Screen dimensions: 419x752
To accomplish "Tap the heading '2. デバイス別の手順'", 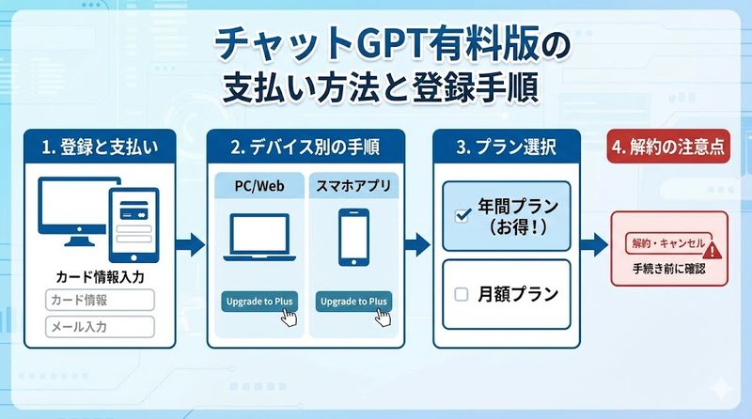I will [x=305, y=147].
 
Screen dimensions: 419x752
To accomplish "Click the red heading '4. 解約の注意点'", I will [x=668, y=147].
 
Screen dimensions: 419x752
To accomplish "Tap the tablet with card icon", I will [x=133, y=224].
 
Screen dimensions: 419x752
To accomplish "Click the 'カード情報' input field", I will [x=100, y=301].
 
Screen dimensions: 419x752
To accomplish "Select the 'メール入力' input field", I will [x=100, y=327].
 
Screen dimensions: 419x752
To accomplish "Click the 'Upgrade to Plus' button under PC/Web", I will [x=259, y=302].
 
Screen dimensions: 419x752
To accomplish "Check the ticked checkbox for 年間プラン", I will [x=462, y=215].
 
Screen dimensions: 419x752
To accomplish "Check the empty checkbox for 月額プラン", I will [x=462, y=294].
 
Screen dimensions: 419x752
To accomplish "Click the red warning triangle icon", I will [x=711, y=250].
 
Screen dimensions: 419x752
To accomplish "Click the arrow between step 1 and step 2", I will [x=190, y=245].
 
